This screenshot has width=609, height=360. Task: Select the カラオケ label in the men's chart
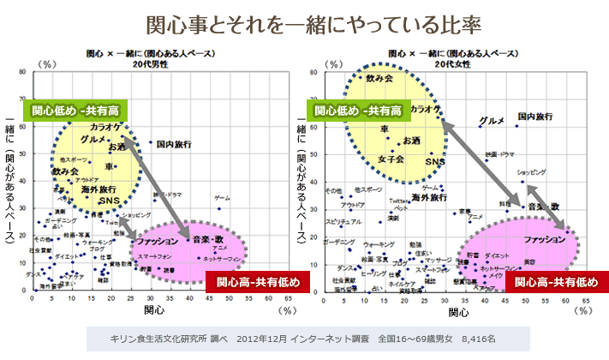coord(104,127)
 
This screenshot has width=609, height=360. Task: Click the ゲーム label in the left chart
coord(223,198)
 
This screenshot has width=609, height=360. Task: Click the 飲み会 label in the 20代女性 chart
coord(379,79)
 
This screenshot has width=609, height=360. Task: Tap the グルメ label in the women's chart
coord(492,121)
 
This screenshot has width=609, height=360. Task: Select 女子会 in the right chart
coord(391,159)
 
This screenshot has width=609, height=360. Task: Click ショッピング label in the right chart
coord(539,172)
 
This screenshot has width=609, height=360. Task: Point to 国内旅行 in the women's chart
coord(537,116)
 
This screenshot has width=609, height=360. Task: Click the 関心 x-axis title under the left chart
coord(154,309)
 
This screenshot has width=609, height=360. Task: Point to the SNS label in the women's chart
coord(435,161)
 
